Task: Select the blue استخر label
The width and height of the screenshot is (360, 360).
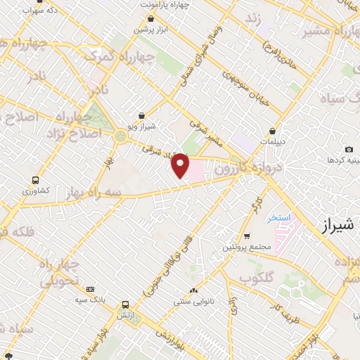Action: click(x=278, y=217)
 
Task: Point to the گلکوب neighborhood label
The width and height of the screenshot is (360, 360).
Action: click(x=256, y=278)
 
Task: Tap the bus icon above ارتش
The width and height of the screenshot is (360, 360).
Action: click(x=125, y=304)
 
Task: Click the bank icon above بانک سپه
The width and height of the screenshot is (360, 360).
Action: click(x=90, y=289)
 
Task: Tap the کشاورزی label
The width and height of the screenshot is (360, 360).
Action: click(x=35, y=191)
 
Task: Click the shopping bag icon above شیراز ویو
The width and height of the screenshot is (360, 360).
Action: click(x=143, y=115)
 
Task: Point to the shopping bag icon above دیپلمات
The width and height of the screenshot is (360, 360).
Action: click(x=272, y=130)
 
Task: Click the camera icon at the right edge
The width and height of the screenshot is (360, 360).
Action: click(x=349, y=149)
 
